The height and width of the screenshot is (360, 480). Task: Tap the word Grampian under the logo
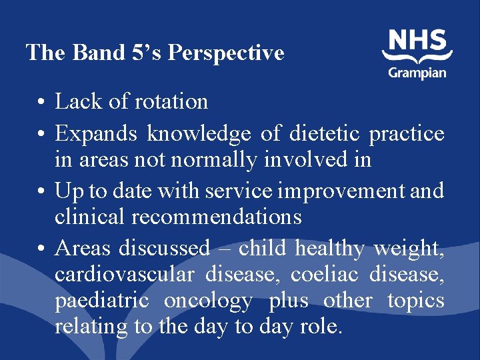417,72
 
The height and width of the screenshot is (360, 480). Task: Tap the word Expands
97,134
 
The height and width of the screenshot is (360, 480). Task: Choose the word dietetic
325,134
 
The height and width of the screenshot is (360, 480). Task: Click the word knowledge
199,134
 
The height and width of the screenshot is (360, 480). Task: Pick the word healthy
330,249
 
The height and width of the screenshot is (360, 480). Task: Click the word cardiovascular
124,274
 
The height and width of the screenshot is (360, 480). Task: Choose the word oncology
208,301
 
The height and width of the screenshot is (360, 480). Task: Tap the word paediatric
102,301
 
